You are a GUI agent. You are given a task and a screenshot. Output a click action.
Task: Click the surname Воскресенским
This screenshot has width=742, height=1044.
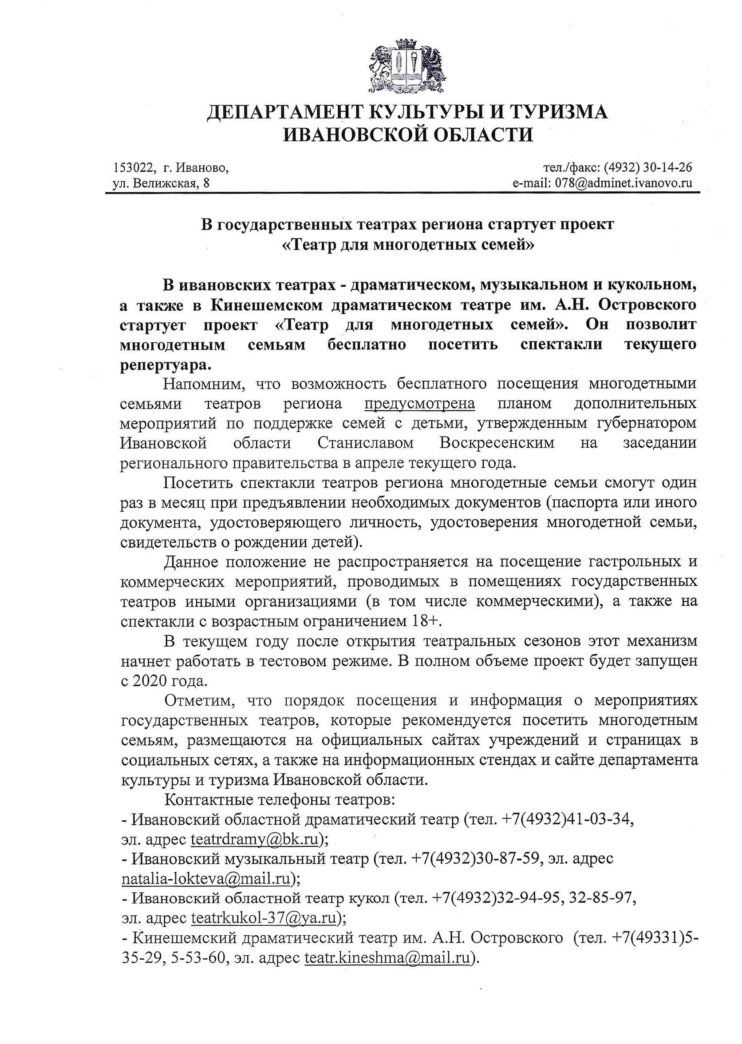pyautogui.click(x=497, y=443)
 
